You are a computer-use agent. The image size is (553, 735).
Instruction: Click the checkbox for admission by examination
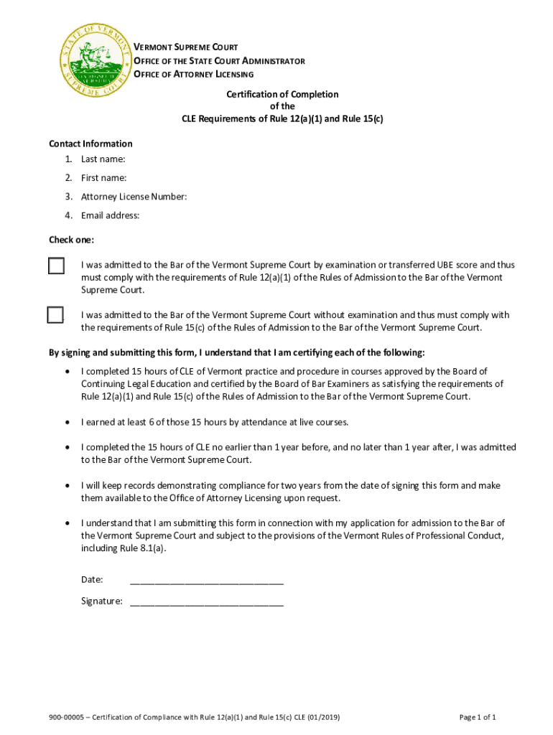[x=56, y=266]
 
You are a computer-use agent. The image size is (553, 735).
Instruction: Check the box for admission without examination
[x=55, y=315]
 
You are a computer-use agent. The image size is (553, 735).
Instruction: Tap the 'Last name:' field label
[x=103, y=159]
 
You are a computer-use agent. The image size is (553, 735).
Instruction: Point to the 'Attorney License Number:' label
[x=134, y=197]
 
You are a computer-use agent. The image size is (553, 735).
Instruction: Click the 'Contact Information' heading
[x=90, y=144]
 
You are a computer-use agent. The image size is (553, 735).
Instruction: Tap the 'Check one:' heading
[x=71, y=240]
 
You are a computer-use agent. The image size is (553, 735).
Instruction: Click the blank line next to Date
[x=206, y=580]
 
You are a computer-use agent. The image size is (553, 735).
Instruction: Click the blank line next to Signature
[x=206, y=601]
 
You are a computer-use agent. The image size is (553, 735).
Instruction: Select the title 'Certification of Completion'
[x=282, y=94]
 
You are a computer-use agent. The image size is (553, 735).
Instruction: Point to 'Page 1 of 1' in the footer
[x=478, y=717]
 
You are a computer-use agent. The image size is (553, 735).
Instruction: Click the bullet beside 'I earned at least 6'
[x=67, y=422]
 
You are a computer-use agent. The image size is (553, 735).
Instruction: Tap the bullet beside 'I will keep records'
[x=67, y=486]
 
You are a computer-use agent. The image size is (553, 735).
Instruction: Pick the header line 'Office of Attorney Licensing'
[x=194, y=75]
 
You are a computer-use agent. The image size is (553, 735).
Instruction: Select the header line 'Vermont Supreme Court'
[x=186, y=47]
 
